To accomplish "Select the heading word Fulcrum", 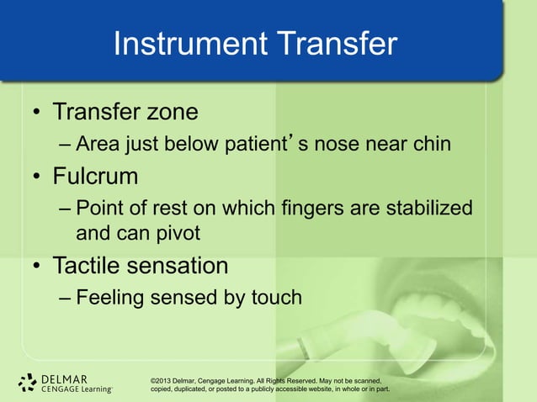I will [x=96, y=177].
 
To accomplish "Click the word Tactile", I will [x=92, y=266].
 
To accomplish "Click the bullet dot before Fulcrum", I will [x=37, y=179].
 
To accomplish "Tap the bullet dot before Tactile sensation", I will [x=37, y=267].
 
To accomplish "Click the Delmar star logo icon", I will [x=28, y=383].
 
